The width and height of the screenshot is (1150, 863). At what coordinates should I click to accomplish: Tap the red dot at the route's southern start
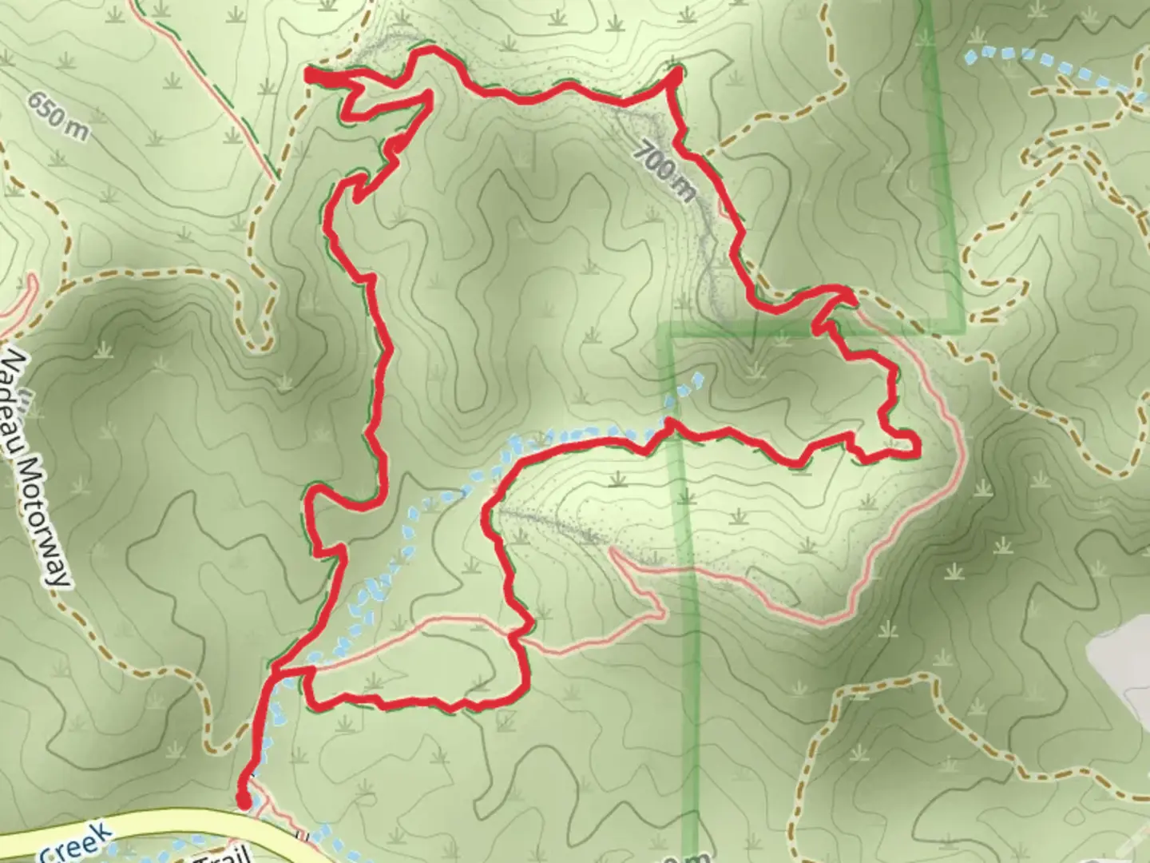pyautogui.click(x=244, y=800)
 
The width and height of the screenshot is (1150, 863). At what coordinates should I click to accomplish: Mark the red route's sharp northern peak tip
pyautogui.click(x=677, y=74)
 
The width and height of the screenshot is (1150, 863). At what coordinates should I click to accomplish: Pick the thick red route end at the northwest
pyautogui.click(x=310, y=76)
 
